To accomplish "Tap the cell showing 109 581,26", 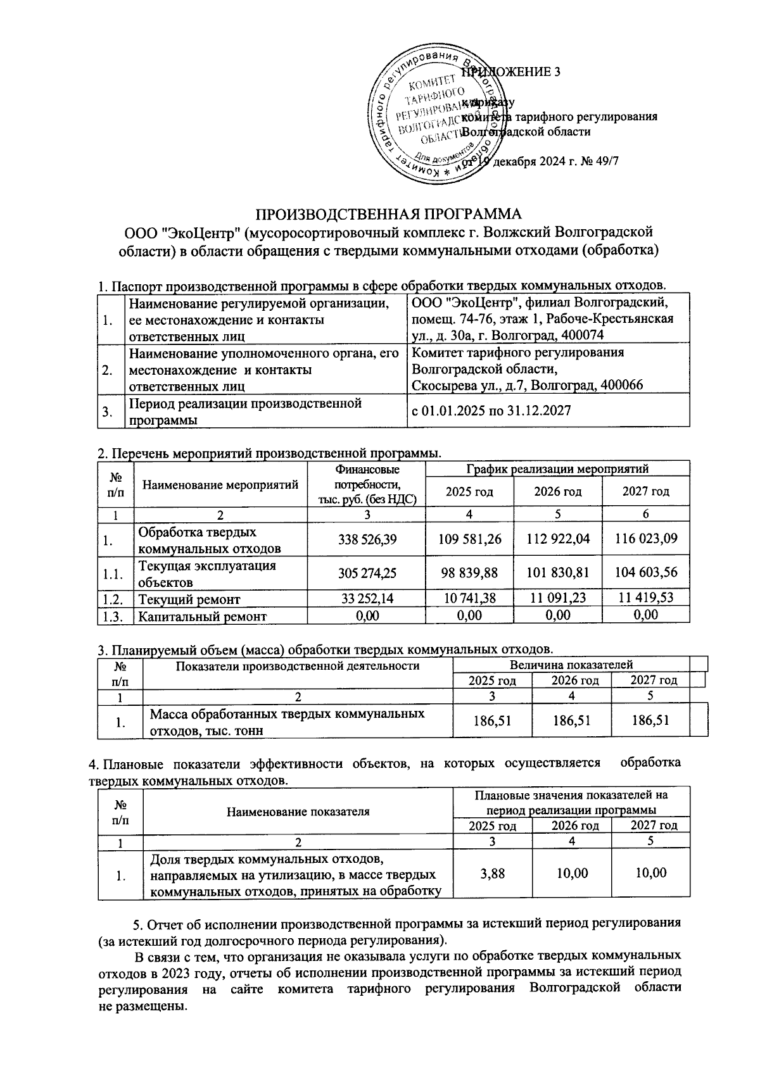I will (470, 539).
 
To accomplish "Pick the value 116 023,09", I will (646, 539).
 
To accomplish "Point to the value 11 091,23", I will (558, 598).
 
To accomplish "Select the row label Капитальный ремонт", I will (203, 616).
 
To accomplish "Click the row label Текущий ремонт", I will (189, 598).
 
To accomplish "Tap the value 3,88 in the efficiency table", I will (493, 873).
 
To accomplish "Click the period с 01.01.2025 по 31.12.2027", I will (491, 411).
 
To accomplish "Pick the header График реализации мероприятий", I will (557, 469).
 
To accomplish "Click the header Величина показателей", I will (571, 665).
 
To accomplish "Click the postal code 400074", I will (581, 336).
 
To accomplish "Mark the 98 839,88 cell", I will (470, 572).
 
